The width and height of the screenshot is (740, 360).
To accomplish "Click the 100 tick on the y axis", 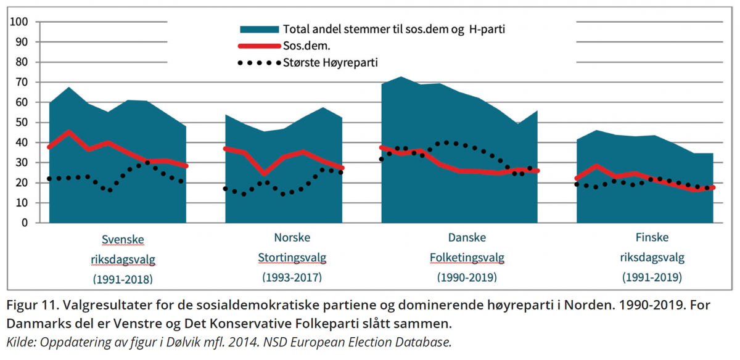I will click(20, 22).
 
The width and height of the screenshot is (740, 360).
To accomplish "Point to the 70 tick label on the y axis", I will click(22, 83).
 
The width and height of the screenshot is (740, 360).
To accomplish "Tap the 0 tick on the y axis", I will click(25, 223).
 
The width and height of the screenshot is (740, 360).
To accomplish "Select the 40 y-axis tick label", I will click(22, 142).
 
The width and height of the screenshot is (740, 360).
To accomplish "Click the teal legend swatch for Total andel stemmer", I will click(260, 29).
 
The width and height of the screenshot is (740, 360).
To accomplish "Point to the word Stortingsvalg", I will click(292, 258).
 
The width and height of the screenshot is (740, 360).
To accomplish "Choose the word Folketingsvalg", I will click(467, 258).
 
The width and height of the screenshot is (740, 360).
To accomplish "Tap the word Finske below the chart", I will click(652, 238).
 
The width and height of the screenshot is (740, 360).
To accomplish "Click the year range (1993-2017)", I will click(292, 277).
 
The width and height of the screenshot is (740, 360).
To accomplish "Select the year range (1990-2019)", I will click(467, 277).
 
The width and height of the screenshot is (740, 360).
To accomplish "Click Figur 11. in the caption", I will click(30, 306).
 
